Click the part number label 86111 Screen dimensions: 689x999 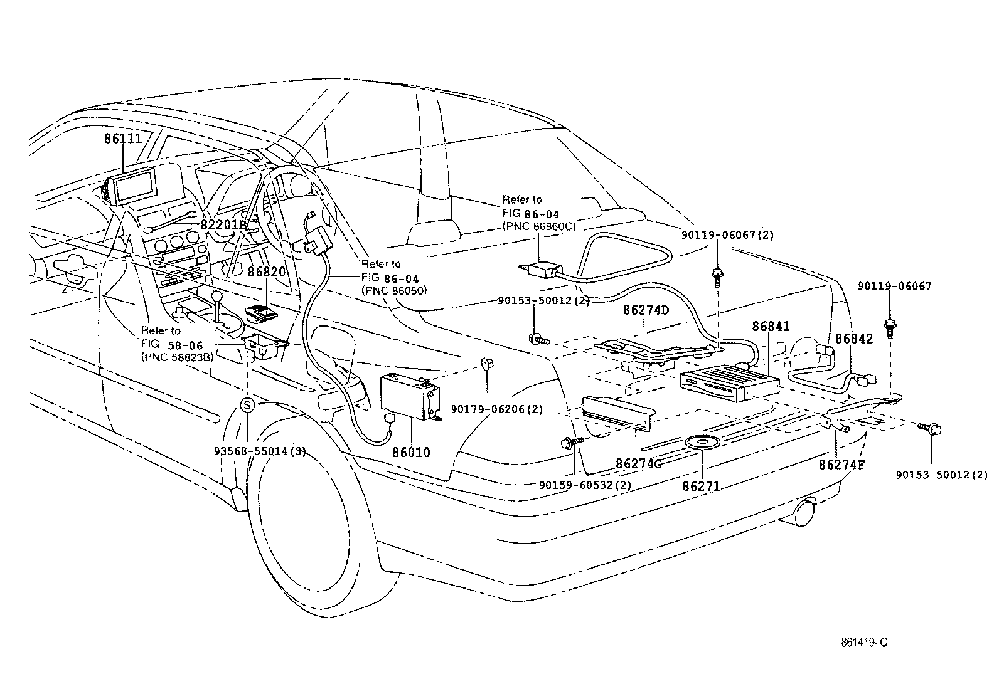pos(124,139)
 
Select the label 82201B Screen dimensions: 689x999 pos(225,224)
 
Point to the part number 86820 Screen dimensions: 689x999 pos(266,272)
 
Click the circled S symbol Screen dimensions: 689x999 pos(248,406)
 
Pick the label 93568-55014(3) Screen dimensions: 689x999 pos(260,451)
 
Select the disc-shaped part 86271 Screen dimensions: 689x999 pos(701,443)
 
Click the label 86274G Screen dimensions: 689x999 pos(639,463)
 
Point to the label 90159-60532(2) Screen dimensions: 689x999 pos(585,485)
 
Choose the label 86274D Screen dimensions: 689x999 pos(646,310)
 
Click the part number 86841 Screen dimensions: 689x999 pos(771,327)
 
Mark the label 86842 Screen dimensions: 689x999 pos(853,339)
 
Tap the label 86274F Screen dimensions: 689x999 pos(841,465)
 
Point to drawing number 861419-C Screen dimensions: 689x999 pos(865,643)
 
